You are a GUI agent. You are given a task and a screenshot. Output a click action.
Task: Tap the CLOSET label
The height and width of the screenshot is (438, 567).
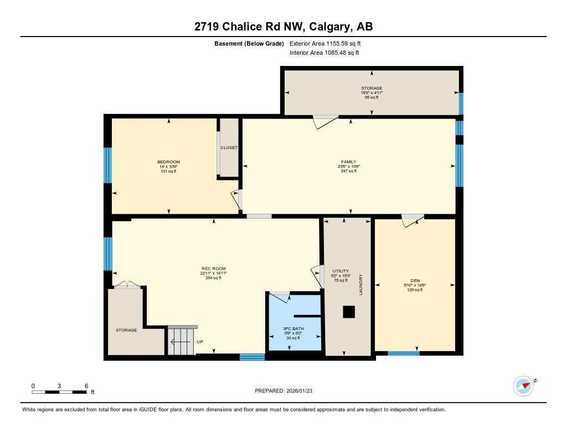tap(229, 148)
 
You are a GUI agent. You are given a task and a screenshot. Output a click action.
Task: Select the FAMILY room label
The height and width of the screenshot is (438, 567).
tap(348, 162)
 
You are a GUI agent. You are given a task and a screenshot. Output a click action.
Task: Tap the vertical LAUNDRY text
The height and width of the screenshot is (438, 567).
tap(360, 284)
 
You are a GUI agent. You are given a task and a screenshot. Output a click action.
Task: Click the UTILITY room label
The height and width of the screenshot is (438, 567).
tap(341, 271)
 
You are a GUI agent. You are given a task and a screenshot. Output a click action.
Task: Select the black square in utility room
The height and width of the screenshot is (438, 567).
tap(348, 312)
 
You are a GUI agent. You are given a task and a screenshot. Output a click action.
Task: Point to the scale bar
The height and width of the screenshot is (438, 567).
tap(59, 392)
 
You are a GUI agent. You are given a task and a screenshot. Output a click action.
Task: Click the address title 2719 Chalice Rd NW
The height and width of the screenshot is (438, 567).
tap(283, 27)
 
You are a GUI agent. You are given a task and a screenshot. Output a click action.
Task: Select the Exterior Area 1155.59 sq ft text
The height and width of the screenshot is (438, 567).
tap(325, 43)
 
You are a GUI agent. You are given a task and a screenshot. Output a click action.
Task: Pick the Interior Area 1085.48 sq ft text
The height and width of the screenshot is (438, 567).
tap(324, 53)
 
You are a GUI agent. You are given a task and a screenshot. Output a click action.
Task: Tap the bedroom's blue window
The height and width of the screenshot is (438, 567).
tap(108, 165)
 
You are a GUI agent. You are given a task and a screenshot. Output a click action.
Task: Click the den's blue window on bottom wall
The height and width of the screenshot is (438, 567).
tap(403, 353)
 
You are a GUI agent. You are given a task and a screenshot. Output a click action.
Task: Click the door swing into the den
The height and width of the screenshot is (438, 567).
tap(412, 220)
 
